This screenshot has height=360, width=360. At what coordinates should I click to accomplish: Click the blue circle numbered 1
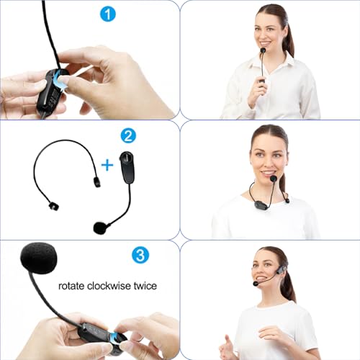108,14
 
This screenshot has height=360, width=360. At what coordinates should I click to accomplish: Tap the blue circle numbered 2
128,135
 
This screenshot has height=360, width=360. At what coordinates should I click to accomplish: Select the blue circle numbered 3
140,255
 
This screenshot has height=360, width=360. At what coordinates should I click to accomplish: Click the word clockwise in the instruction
109,286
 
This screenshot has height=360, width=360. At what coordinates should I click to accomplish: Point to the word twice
145,286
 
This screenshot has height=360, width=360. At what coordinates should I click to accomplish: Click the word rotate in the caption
71,286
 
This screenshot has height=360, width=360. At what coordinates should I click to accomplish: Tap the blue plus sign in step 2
107,165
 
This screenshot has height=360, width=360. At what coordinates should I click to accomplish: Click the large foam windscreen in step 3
39,258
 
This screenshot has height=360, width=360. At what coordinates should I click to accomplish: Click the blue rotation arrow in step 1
60,81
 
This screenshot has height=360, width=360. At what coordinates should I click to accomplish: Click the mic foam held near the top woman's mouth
263,50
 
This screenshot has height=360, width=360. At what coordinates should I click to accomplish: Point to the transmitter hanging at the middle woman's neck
261,204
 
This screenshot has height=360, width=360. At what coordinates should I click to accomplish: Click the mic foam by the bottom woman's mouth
256,284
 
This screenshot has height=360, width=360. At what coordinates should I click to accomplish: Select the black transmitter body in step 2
127,166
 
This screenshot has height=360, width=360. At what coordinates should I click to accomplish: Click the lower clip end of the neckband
53,206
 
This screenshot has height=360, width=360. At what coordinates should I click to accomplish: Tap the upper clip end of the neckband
97,181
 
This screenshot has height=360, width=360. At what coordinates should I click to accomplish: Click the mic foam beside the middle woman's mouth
273,179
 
